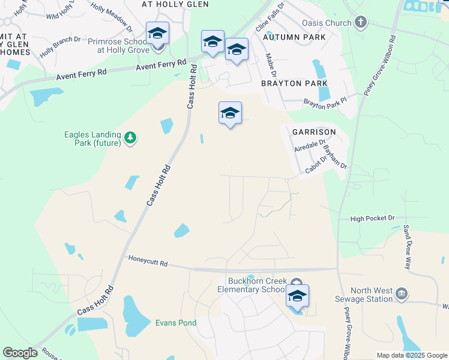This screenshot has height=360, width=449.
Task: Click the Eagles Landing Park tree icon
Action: [130, 139]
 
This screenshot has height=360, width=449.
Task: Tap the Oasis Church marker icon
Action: [361, 23]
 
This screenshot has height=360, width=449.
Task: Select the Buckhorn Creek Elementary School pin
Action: [297, 296]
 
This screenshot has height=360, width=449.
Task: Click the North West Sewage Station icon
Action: [402, 294]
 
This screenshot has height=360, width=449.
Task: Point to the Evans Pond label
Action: [176, 323]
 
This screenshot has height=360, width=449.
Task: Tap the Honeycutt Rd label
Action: [148, 262]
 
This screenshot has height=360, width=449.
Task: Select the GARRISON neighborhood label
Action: [313, 131]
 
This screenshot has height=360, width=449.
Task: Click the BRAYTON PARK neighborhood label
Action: [294, 83]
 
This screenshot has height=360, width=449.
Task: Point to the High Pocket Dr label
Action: [373, 219]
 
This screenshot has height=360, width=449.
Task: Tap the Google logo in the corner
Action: [20, 353]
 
